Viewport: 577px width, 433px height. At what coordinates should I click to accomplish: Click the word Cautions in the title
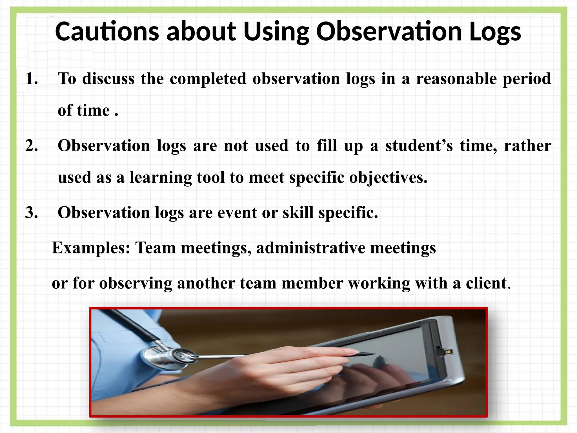[x=107, y=31]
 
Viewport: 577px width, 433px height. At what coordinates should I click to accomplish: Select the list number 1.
[x=31, y=79]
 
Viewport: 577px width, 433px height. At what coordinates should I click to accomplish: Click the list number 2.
[x=31, y=146]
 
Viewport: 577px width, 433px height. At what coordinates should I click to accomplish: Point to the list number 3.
[x=31, y=213]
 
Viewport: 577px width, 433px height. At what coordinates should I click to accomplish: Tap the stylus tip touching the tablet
[x=372, y=354]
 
